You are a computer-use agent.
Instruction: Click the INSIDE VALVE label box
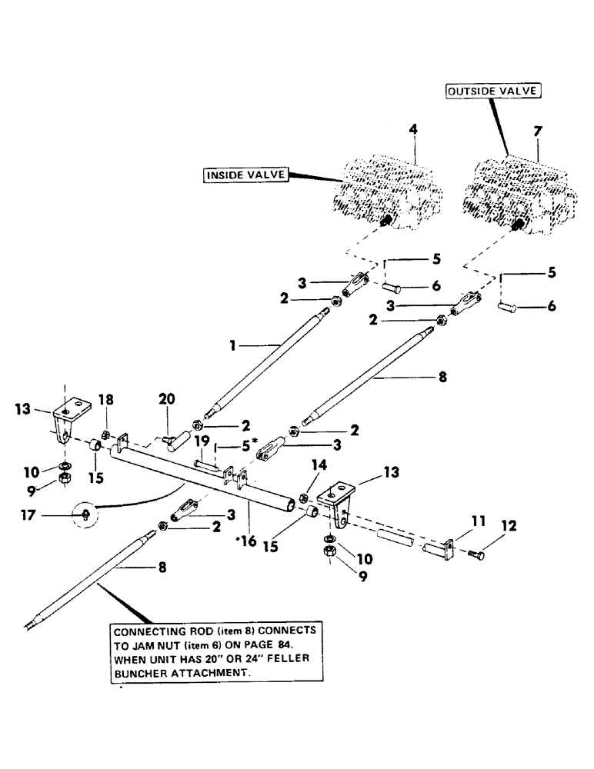pyautogui.click(x=245, y=175)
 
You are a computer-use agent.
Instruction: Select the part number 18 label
pyautogui.click(x=106, y=399)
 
